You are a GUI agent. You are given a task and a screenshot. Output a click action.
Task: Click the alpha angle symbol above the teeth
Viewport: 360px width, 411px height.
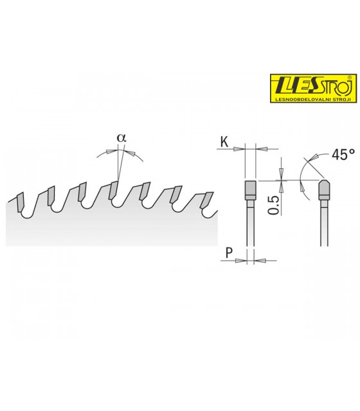pos(122,138)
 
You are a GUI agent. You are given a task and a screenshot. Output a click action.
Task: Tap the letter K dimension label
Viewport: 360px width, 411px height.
pos(224,142)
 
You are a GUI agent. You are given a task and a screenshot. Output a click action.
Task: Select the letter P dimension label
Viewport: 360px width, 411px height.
pos(229,253)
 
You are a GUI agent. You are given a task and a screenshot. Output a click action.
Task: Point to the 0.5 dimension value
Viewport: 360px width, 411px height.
pos(273,205)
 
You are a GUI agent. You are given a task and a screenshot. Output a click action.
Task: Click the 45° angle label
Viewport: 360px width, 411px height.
pos(343,155)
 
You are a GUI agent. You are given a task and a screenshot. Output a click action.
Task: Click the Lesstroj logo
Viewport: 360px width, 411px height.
pos(314,89)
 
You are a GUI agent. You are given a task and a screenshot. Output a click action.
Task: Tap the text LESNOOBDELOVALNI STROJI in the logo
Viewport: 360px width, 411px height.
pos(314,100)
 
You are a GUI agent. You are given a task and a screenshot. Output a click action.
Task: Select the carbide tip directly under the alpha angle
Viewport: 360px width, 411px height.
pos(114,190)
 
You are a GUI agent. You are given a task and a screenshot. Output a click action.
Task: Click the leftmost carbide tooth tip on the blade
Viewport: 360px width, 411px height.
pos(20,202)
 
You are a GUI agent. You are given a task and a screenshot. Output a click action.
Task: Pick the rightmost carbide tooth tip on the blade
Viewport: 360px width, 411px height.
pos(207,200)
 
